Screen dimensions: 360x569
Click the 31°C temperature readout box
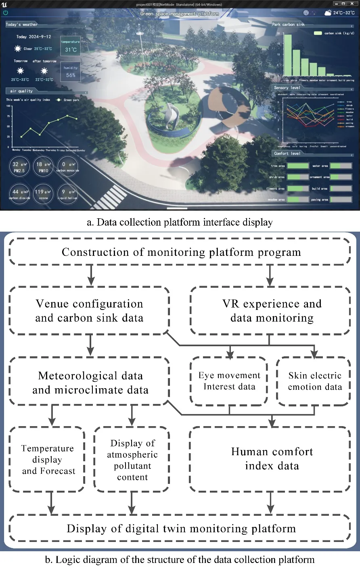pyautogui.click(x=71, y=47)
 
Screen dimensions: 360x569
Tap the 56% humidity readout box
pyautogui.click(x=71, y=72)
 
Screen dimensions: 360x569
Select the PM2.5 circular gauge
pyautogui.click(x=19, y=167)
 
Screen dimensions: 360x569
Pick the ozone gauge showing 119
pyautogui.click(x=43, y=194)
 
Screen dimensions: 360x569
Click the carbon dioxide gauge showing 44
pyautogui.click(x=19, y=194)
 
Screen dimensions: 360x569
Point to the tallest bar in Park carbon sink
pyautogui.click(x=287, y=55)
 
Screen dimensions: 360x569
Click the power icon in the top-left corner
pyautogui.click(x=6, y=13)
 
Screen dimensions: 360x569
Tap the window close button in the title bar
pyautogui.click(x=351, y=4)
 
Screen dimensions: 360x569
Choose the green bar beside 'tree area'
pyautogui.click(x=298, y=166)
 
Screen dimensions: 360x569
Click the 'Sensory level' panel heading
pyautogui.click(x=287, y=88)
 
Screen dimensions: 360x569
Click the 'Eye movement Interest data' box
pyautogui.click(x=229, y=381)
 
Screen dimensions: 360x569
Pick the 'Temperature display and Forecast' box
pyautogui.click(x=48, y=459)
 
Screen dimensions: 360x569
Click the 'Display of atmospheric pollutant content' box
pyautogui.click(x=132, y=460)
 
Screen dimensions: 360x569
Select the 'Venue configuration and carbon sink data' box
pyautogui.click(x=89, y=310)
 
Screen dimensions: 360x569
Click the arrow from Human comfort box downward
pyautogui.click(x=270, y=503)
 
